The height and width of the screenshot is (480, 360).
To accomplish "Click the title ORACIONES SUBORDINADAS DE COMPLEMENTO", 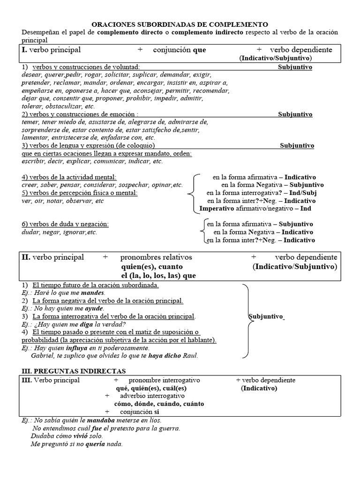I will (x=180, y=24).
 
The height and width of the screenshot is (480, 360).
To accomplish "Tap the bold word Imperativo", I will (x=217, y=209).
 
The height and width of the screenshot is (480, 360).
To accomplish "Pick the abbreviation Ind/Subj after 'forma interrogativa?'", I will (x=300, y=193).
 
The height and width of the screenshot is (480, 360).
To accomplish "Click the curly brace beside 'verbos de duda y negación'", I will (x=202, y=232).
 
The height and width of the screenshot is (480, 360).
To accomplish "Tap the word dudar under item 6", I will (x=30, y=232).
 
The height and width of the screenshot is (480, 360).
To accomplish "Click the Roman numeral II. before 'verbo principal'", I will (x=26, y=257).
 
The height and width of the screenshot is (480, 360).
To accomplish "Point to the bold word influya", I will (x=67, y=348).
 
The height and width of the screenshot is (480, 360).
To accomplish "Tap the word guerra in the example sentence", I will (x=169, y=428).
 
